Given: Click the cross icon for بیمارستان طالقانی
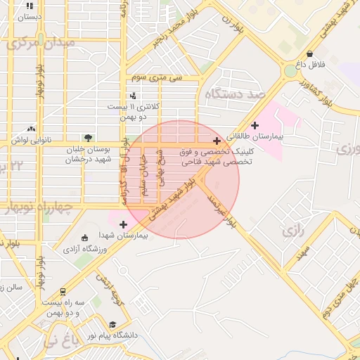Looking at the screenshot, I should click(x=255, y=125).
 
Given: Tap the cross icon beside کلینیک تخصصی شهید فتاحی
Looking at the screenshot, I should click(x=217, y=141).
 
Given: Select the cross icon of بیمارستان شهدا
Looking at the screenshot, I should click(x=124, y=224).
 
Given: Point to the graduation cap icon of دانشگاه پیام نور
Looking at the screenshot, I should click(x=112, y=324).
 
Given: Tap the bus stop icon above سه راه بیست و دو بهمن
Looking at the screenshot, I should click(x=63, y=290).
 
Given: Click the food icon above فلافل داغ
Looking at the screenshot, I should click(x=310, y=54).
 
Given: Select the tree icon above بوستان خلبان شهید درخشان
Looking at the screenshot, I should click(x=87, y=138).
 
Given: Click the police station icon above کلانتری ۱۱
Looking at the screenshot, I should click(x=134, y=96).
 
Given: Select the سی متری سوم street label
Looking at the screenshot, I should click(x=161, y=78).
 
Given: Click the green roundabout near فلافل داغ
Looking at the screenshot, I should click(x=290, y=71).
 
